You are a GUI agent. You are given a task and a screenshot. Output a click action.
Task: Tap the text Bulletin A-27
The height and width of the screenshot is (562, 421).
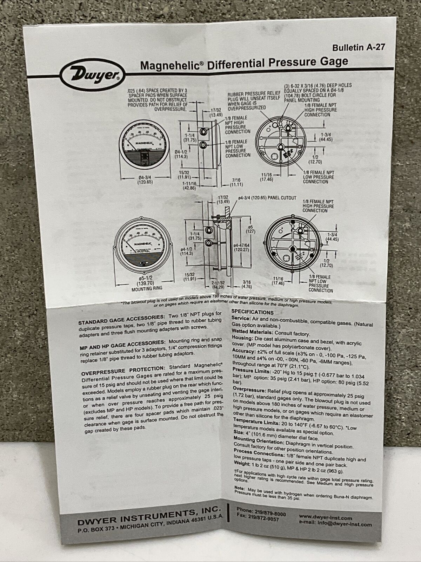click(x=356, y=47)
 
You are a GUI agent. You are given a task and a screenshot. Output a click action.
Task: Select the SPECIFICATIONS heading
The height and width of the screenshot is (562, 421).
click(x=252, y=312)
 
